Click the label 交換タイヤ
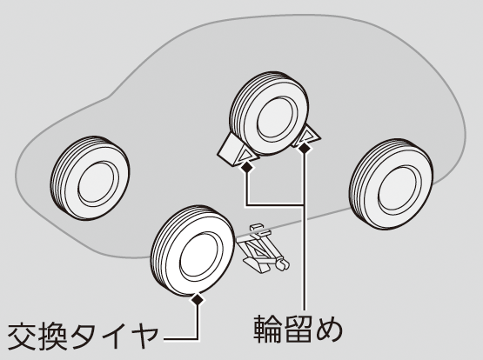82,336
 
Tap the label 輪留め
298,329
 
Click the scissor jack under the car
263,249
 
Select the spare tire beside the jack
192,250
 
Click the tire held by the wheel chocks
270,115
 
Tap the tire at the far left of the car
90,178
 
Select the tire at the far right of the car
392,184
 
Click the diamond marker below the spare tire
198,298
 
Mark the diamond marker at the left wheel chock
246,167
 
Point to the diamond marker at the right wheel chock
305,149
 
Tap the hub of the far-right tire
399,190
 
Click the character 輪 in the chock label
267,329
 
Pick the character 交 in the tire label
21,336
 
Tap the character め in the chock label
329,330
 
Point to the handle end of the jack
283,264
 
